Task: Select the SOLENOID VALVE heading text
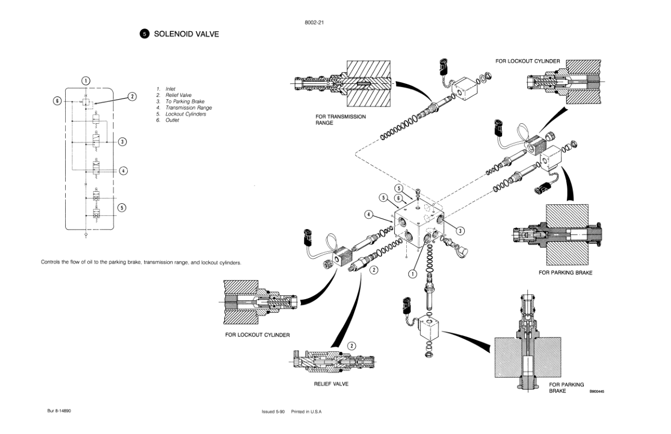[x=186, y=34]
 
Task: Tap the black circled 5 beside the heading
[x=144, y=34]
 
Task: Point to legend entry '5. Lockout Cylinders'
[x=181, y=114]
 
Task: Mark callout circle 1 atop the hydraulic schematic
[x=86, y=81]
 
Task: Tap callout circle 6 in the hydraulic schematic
[x=57, y=101]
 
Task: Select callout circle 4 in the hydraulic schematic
[x=123, y=170]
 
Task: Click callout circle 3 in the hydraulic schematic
[x=123, y=142]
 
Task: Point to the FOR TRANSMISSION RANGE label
[x=340, y=120]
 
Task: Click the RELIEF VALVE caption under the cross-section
[x=331, y=384]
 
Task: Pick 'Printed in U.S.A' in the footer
[x=306, y=411]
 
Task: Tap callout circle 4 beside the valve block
[x=370, y=214]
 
